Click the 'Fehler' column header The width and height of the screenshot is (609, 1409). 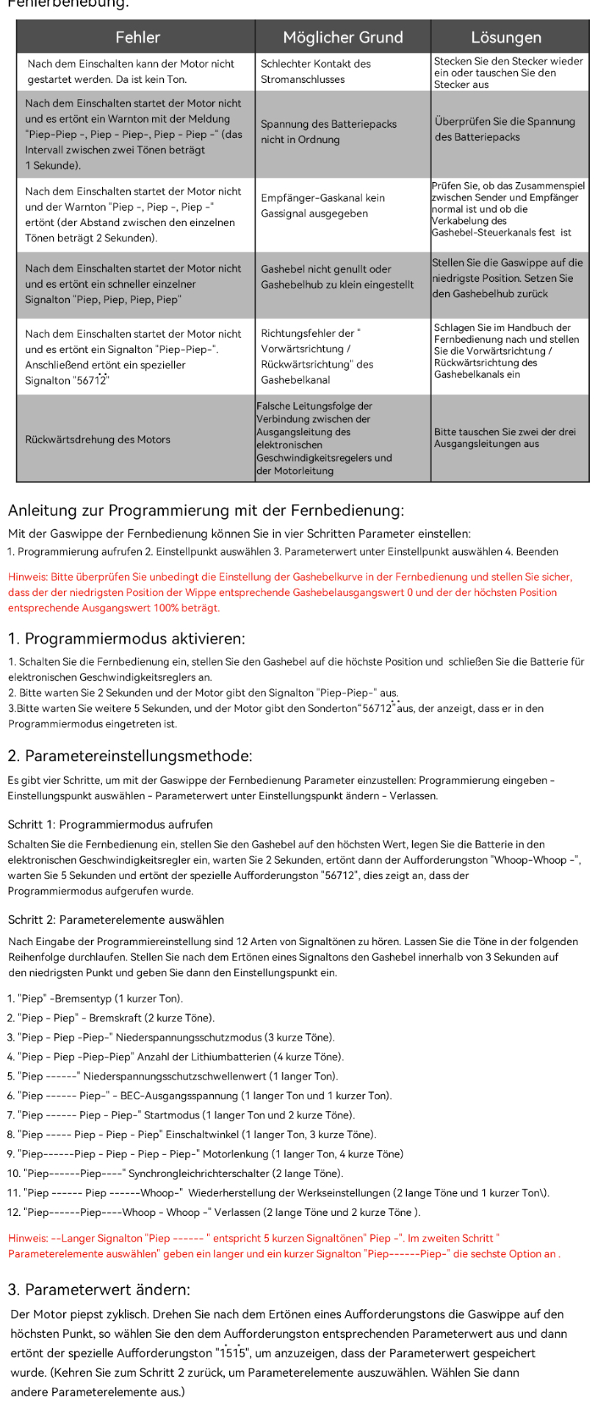point(137,37)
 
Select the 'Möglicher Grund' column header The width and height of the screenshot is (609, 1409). point(342,37)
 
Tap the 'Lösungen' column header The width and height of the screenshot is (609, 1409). point(506,37)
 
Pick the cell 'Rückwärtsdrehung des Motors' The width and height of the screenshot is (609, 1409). point(98,440)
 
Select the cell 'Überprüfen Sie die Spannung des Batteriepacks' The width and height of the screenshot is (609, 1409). point(505,129)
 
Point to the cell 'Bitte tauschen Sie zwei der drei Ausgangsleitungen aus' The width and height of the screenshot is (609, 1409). point(505,438)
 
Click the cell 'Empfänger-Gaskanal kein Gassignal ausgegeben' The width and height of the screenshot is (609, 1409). point(322,206)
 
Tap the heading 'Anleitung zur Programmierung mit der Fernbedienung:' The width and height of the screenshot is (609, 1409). point(206,510)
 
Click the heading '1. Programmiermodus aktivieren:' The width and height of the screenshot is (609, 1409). point(126,638)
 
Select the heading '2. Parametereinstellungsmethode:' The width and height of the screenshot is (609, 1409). point(130,756)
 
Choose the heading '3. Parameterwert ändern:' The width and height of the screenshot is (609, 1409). point(99,1289)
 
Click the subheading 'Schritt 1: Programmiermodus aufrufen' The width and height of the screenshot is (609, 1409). point(110,824)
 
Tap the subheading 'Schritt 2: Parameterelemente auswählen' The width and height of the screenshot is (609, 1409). point(116,920)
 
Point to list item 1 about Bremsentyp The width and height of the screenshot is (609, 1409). point(96,999)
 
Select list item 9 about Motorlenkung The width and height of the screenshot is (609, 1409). point(206,1154)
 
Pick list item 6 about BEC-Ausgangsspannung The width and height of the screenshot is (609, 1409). point(200,1096)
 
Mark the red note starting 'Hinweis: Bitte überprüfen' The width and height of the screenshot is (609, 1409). point(289,592)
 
